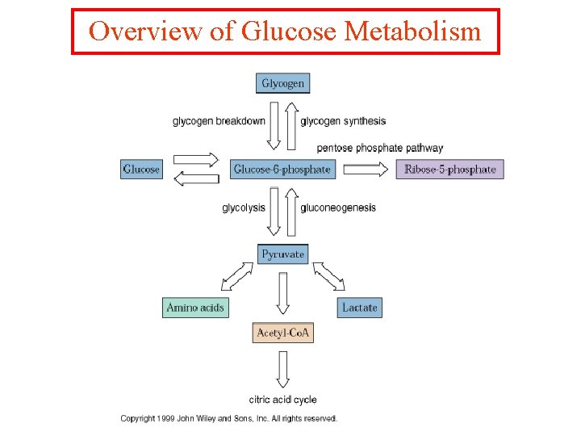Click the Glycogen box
[283, 83]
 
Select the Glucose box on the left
[141, 170]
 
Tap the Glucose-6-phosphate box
[282, 170]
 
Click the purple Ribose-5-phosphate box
[449, 170]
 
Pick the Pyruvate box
[282, 254]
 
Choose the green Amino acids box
[194, 308]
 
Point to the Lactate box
[359, 308]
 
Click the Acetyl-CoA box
[282, 333]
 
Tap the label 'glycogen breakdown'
[219, 121]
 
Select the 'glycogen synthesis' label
[343, 121]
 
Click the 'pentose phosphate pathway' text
[379, 148]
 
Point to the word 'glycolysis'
[244, 208]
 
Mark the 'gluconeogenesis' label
[338, 208]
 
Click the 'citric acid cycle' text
[282, 399]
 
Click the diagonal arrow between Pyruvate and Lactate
[328, 276]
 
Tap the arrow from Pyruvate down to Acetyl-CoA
[282, 292]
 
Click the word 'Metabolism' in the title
[412, 31]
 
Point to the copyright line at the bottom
[229, 418]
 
